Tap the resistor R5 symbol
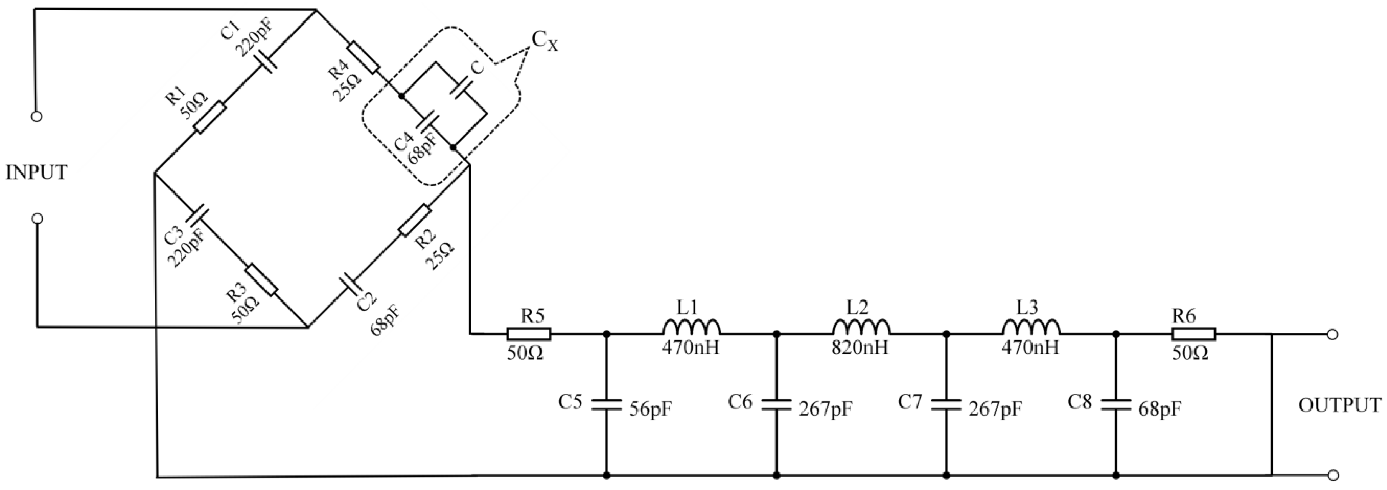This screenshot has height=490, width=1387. [x=528, y=334]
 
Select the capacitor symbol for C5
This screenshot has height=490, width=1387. [x=607, y=405]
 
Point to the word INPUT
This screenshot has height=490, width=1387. [x=36, y=172]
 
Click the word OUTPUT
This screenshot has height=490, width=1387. [x=1339, y=405]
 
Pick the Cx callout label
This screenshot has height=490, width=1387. [x=544, y=41]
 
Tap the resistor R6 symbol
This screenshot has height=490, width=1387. [x=1194, y=334]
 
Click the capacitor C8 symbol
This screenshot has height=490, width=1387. [x=1116, y=405]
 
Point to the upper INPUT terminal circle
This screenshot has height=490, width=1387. [x=36, y=116]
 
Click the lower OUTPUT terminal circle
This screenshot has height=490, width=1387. [x=1333, y=475]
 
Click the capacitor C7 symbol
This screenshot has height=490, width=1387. [x=946, y=405]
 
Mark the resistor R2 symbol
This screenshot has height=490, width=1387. [x=415, y=220]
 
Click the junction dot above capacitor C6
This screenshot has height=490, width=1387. [x=776, y=334]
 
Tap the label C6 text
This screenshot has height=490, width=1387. [x=740, y=402]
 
